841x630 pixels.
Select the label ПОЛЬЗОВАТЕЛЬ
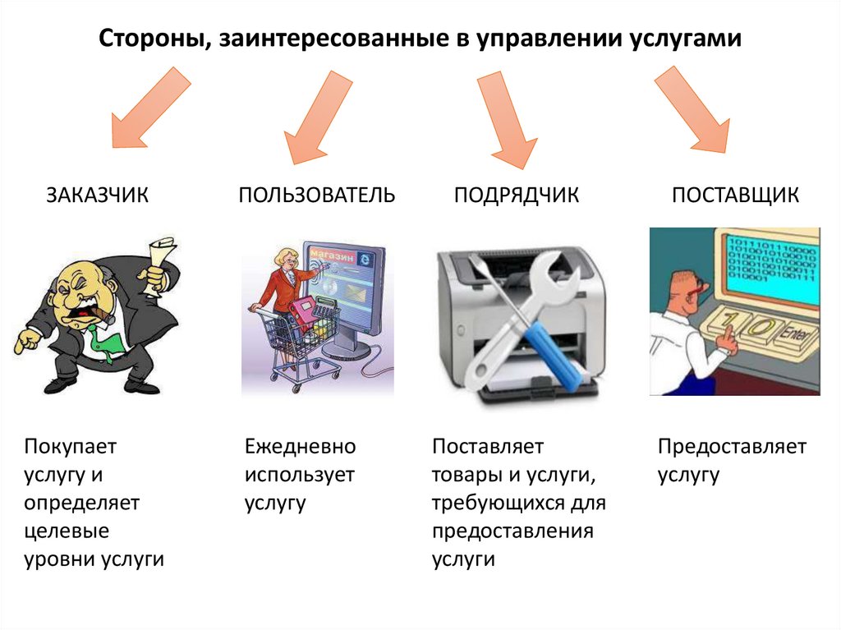[x=317, y=195]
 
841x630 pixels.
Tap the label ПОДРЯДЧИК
[x=517, y=195]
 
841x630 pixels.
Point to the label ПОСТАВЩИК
[x=735, y=195]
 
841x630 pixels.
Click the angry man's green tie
[x=102, y=338]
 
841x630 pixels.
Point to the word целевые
[x=66, y=531]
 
